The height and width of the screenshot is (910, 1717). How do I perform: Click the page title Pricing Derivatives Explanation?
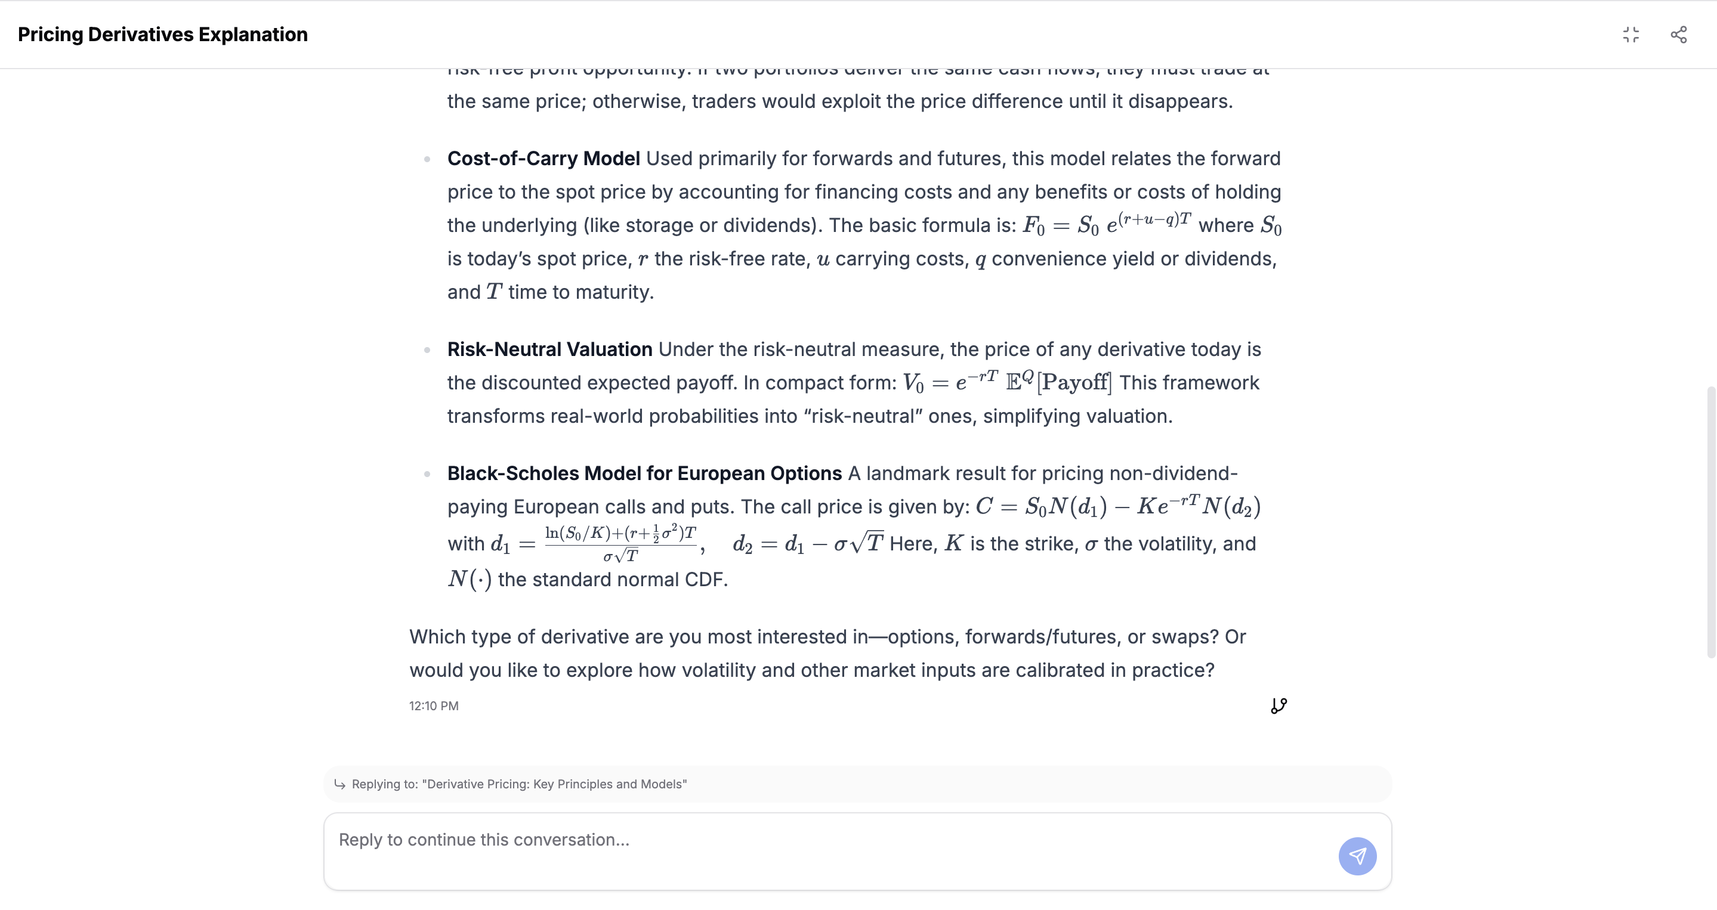(163, 35)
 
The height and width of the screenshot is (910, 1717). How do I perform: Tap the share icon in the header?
(1678, 35)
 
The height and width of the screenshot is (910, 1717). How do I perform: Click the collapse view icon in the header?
(1630, 35)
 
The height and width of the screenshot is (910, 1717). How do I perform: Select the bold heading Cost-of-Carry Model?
(543, 159)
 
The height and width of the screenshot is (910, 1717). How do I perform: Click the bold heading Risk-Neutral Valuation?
(549, 349)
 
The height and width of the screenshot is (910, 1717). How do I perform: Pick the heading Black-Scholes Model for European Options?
(644, 473)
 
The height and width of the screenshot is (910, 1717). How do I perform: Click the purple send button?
(1357, 856)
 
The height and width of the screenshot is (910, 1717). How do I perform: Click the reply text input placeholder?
(484, 840)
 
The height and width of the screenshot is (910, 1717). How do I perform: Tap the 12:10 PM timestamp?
(433, 705)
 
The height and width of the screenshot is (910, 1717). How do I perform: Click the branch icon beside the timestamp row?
(1279, 705)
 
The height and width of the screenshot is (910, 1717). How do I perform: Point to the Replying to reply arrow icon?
(340, 784)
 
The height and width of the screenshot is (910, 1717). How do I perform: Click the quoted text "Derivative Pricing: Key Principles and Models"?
(557, 784)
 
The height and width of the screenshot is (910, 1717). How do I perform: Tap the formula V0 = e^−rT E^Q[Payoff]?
(1006, 382)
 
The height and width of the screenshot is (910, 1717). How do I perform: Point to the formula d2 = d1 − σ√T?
(808, 544)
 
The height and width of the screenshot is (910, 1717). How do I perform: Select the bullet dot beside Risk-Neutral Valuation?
(427, 349)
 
